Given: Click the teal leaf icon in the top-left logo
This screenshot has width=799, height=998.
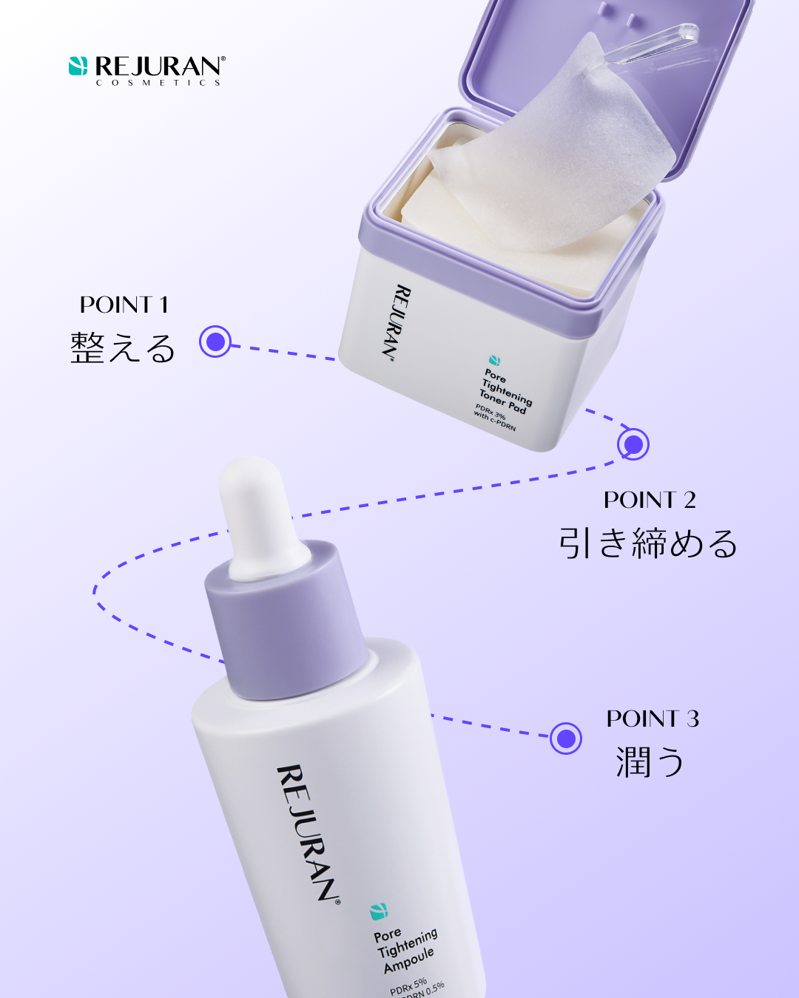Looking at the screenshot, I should tap(78, 66).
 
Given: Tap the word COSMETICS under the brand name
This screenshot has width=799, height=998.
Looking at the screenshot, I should tap(158, 83).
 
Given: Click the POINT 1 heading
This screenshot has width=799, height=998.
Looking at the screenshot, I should tap(124, 305).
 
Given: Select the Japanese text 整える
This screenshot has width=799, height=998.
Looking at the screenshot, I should tap(123, 347).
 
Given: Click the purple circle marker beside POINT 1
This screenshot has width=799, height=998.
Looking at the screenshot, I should tap(215, 342).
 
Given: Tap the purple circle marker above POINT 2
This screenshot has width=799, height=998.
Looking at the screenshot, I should tap(633, 444).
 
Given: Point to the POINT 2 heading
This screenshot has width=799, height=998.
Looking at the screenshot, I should tap(650, 500).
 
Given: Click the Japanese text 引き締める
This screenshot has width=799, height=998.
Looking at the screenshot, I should tap(648, 543).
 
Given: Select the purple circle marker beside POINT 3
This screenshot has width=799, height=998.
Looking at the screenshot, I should tap(566, 738).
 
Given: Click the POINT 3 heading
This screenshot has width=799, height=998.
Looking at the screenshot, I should tap(653, 719).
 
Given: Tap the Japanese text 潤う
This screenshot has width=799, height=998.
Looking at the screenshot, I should tap(650, 761).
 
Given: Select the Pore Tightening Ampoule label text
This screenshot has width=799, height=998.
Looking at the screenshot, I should tap(406, 951).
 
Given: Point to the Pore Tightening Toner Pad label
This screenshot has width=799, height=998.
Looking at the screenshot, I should tap(506, 392).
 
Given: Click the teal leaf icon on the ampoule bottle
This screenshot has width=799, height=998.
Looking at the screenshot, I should tap(379, 911).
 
